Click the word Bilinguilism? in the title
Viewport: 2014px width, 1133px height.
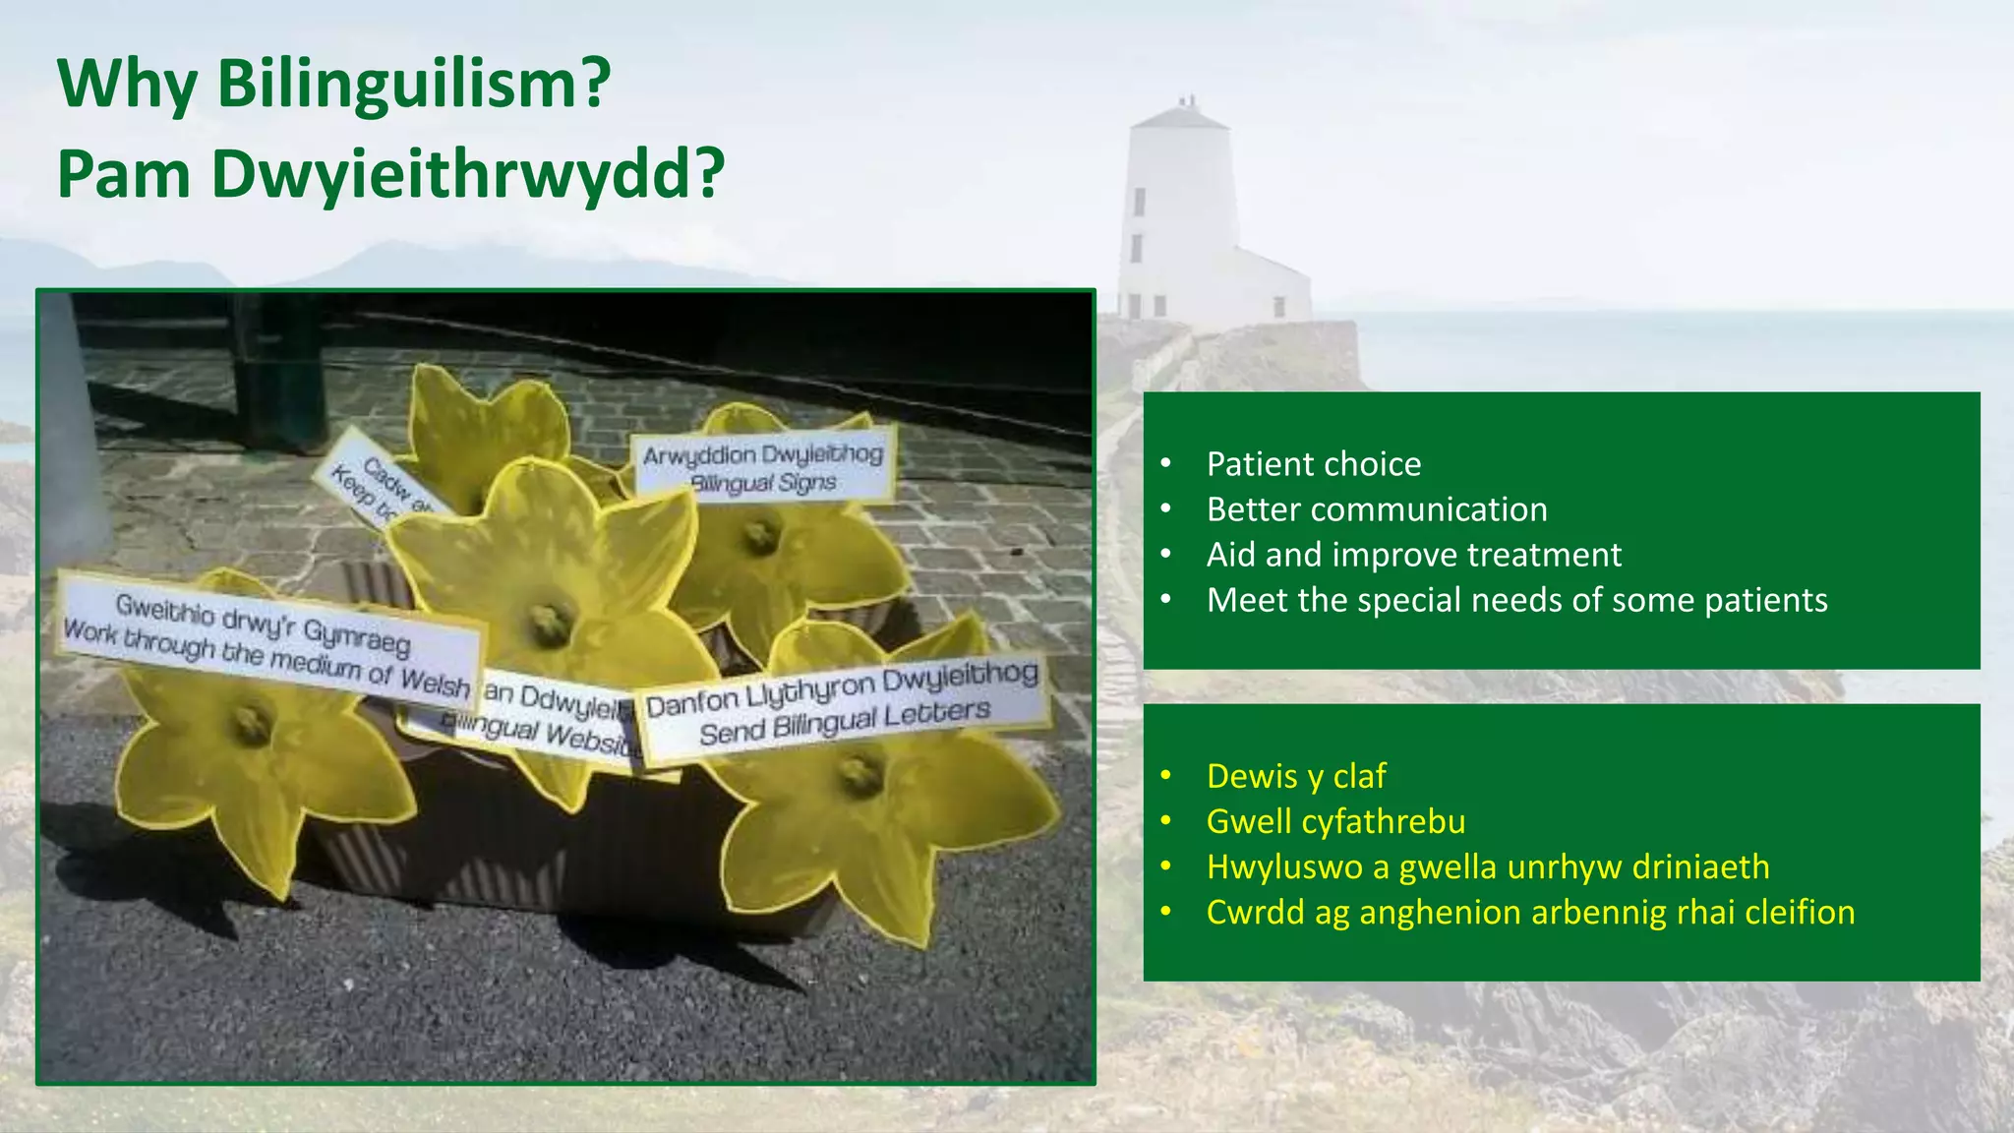pos(413,84)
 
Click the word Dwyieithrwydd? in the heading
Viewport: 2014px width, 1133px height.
pos(468,174)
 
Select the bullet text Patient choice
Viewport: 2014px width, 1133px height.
pos(1313,464)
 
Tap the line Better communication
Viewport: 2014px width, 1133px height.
pos(1376,509)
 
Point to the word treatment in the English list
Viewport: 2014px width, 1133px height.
pos(1544,555)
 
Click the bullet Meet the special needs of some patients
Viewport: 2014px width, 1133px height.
pos(1516,600)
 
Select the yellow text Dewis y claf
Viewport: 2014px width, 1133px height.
pos(1295,776)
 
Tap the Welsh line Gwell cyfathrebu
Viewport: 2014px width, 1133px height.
pos(1335,821)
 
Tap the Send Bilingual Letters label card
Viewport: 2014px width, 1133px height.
pos(844,707)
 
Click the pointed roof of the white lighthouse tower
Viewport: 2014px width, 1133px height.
pos(1179,116)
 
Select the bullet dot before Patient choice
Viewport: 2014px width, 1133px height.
pos(1165,464)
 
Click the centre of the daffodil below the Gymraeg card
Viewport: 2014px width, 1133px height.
pos(252,725)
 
